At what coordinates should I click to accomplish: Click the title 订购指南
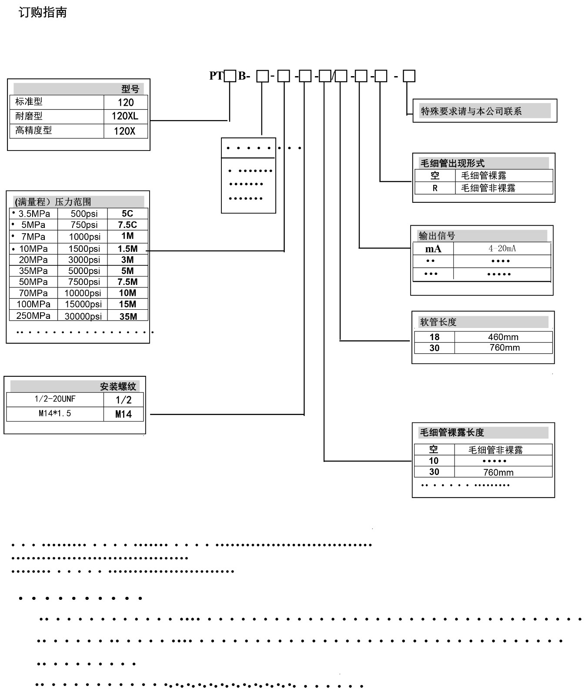43,13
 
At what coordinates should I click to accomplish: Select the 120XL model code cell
125,116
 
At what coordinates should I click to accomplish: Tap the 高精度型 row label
33,130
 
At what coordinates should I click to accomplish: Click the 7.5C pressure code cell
127,225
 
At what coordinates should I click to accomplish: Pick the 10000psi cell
83,293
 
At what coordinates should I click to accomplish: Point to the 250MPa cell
33,316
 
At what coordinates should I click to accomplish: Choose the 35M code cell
128,317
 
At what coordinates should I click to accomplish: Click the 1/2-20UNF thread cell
55,399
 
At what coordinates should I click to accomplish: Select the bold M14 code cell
124,414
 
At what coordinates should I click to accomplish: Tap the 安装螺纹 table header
118,386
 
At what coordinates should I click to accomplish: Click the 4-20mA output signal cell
502,248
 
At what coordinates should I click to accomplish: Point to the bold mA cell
433,249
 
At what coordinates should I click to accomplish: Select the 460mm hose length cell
503,337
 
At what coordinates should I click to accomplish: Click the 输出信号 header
437,236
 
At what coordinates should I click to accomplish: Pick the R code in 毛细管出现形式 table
435,188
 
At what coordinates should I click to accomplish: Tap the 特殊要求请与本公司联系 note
471,111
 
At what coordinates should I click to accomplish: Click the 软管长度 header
438,322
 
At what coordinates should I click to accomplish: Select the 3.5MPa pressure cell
34,214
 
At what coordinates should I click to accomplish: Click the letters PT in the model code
216,76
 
